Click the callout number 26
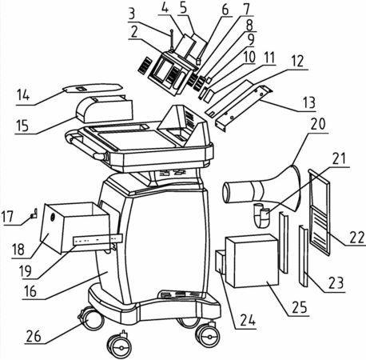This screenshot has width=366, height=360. coord(34,336)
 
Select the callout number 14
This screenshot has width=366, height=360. coord(22,95)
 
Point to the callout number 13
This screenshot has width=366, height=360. coord(309,102)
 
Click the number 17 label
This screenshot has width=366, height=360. coord(7,217)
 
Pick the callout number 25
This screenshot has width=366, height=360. coord(300,307)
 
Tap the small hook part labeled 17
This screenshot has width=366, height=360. coord(34,214)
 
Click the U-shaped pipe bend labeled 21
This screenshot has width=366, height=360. coord(261,215)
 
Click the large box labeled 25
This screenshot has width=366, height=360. coord(252,261)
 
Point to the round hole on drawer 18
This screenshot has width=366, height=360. coord(53,218)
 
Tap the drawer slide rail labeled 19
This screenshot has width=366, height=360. coord(97,239)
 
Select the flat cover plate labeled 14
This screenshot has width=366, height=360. coord(93,87)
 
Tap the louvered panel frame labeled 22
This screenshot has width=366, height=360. coord(320,212)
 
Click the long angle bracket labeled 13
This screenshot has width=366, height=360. coord(244,108)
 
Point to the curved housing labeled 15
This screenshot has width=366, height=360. coord(105,110)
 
